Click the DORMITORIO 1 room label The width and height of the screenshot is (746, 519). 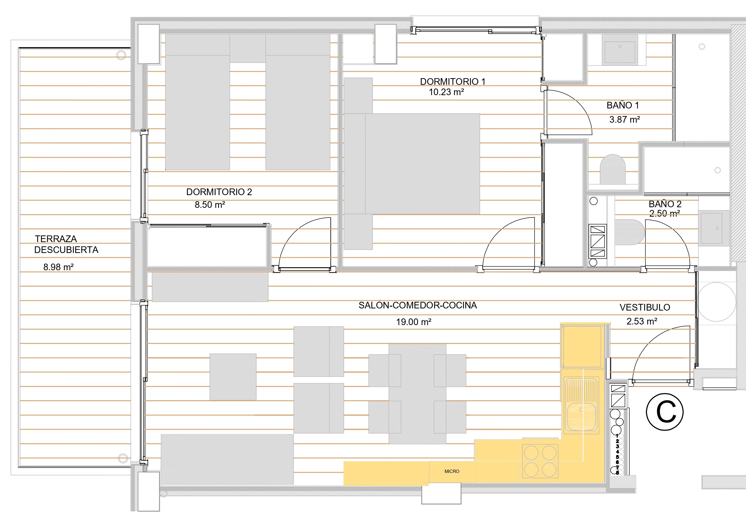coord(453,82)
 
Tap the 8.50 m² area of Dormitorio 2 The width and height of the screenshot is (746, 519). coord(210,205)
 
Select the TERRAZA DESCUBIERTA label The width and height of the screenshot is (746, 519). coord(66,245)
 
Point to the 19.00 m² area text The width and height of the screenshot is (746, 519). coord(414,322)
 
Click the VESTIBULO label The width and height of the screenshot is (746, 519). coord(645,308)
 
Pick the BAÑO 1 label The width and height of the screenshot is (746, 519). coord(622,105)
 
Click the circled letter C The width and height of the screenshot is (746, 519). coord(665,412)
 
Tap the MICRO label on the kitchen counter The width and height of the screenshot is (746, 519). coord(452,471)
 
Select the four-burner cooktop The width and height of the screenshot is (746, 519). coord(540,461)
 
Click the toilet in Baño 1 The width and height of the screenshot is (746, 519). coord(612,169)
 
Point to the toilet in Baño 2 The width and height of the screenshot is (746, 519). coord(630,232)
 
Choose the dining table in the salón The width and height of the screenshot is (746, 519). coord(417,394)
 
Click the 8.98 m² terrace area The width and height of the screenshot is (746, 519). coord(58,267)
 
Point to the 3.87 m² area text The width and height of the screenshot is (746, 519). coord(625,120)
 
